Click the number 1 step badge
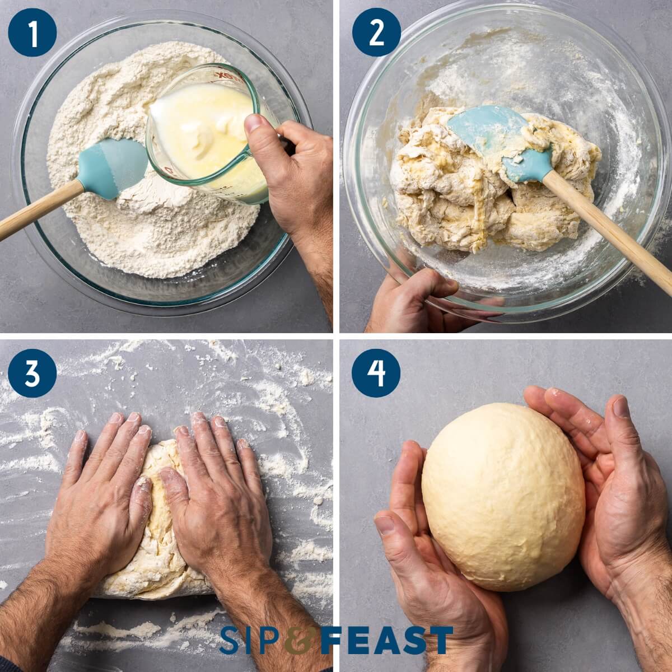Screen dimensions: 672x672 (32, 32)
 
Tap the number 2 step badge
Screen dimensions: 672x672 (376, 32)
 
